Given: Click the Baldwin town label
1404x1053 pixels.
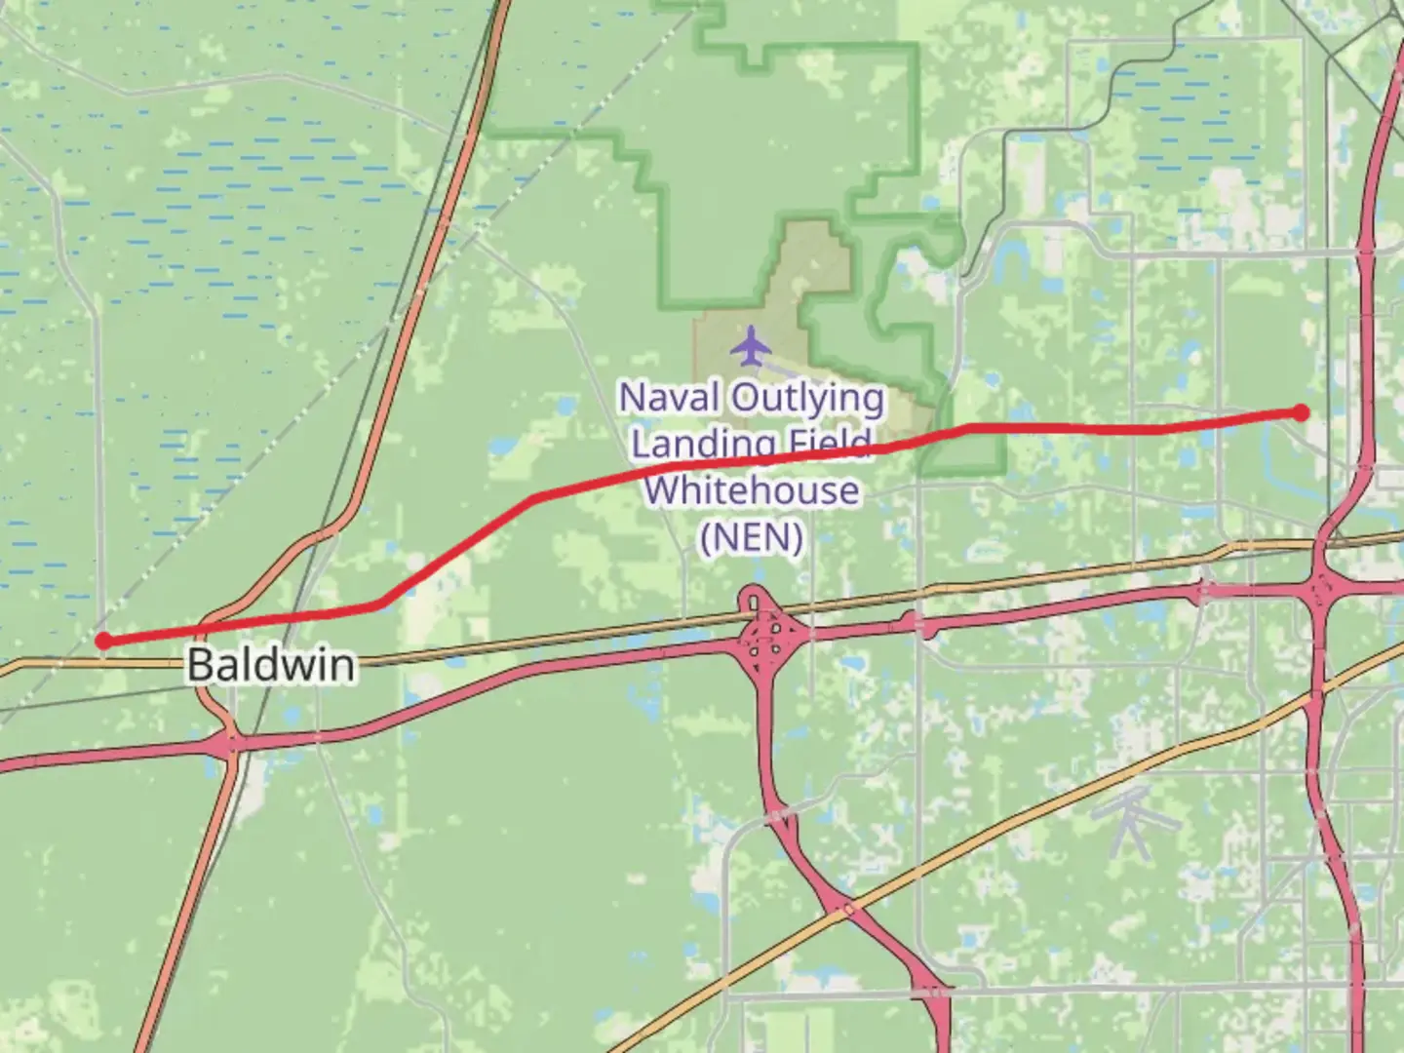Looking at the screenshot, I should (270, 665).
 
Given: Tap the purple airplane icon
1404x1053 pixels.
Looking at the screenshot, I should (750, 345).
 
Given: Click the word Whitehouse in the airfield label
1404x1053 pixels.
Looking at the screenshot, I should (752, 489).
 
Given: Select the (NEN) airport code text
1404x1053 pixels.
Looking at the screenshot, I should (752, 536).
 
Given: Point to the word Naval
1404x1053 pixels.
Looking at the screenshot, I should (669, 398).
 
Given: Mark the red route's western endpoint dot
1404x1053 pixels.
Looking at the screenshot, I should (102, 641).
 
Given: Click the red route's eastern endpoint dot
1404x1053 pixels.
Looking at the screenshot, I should (1301, 412).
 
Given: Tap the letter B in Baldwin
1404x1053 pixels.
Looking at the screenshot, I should (199, 665).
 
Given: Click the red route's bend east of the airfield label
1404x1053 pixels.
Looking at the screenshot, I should (967, 427).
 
